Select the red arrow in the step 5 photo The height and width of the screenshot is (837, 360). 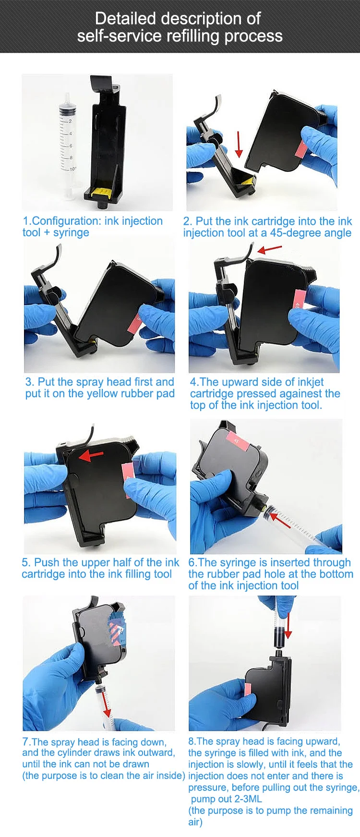click(91, 455)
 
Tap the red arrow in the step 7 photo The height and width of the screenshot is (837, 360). click(107, 705)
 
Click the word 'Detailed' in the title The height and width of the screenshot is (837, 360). click(125, 18)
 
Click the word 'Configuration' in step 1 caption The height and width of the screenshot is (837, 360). click(67, 221)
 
